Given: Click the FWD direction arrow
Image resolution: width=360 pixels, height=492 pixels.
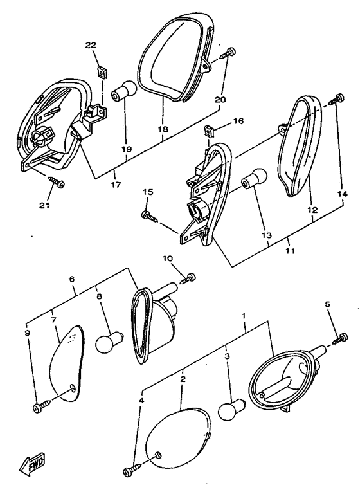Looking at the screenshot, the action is click(x=32, y=462).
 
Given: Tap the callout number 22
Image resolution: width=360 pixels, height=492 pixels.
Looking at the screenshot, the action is click(x=91, y=46).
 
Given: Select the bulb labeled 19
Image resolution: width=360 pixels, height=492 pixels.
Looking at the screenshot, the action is click(x=124, y=91).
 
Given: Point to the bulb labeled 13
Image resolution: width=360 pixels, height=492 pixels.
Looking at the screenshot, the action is click(x=254, y=179).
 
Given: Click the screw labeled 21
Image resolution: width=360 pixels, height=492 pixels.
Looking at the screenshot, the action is click(x=57, y=181).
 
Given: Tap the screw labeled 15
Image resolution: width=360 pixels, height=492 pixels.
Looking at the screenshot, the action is click(x=150, y=216).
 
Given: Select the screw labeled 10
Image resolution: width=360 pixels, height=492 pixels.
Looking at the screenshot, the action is click(x=188, y=278).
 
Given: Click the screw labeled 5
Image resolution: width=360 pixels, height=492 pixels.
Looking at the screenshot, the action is click(x=340, y=337).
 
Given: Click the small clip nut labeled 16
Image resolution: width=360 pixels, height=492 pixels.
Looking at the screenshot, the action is click(x=210, y=131).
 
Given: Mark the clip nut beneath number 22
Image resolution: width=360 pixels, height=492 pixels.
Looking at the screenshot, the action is click(x=101, y=72).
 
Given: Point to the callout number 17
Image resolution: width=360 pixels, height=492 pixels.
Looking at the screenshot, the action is click(x=116, y=185).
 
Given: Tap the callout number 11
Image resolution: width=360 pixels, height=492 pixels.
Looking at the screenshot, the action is click(x=291, y=251).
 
